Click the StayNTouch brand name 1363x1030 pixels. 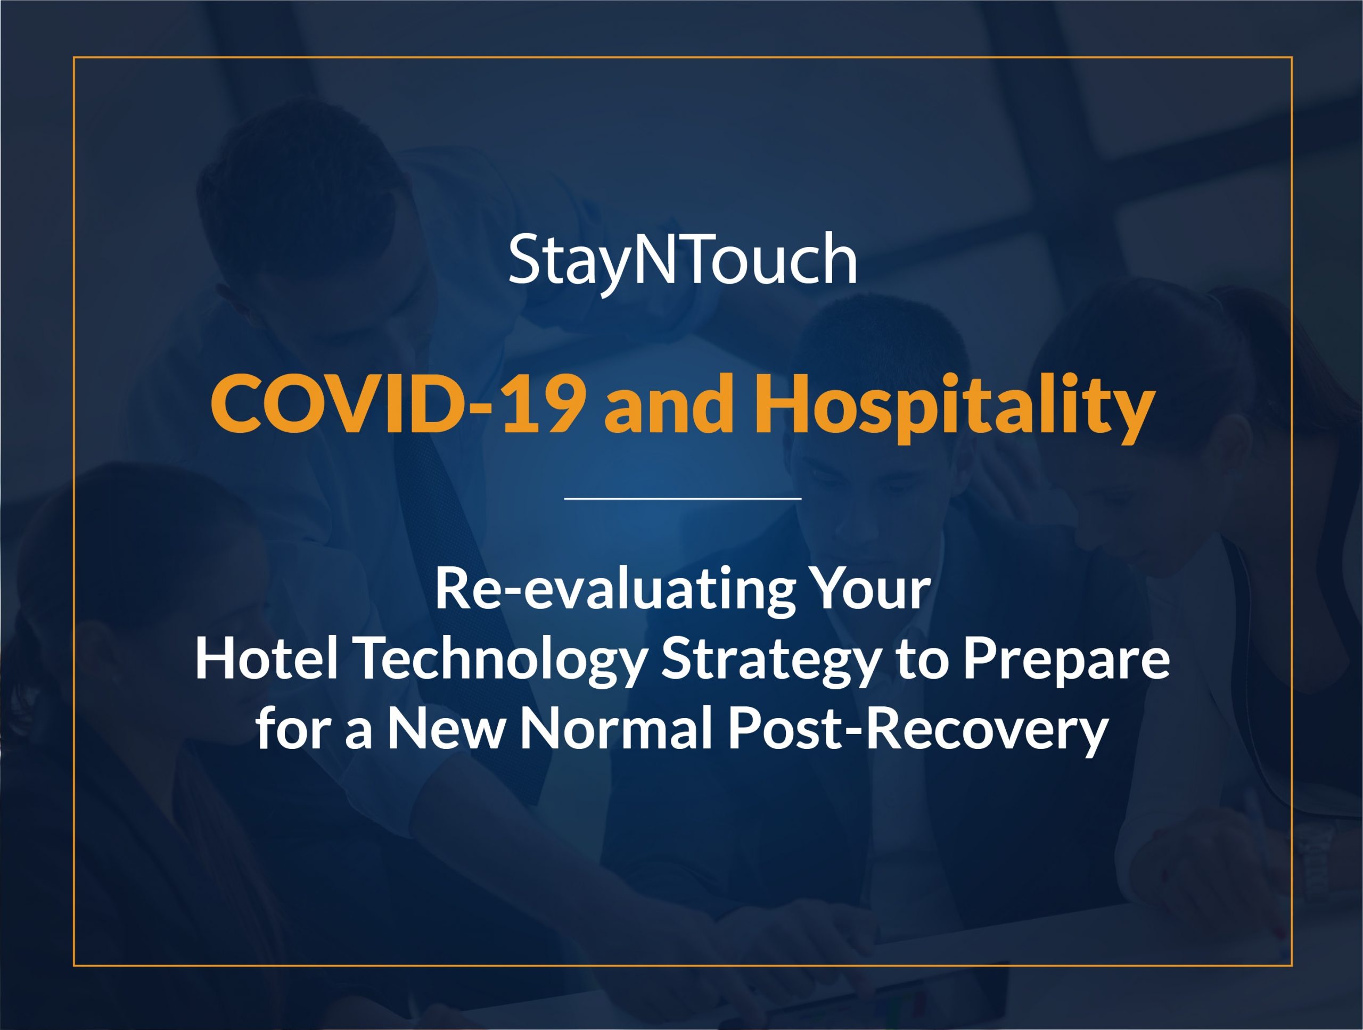(x=682, y=262)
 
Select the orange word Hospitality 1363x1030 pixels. (x=955, y=409)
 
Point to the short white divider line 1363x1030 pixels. (x=682, y=498)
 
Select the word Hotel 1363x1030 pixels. (x=267, y=658)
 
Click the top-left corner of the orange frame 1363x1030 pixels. (x=74, y=57)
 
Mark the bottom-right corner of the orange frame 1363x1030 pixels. (x=1292, y=965)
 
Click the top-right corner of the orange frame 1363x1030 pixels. (x=1292, y=57)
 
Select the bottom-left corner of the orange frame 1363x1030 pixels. (x=74, y=965)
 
